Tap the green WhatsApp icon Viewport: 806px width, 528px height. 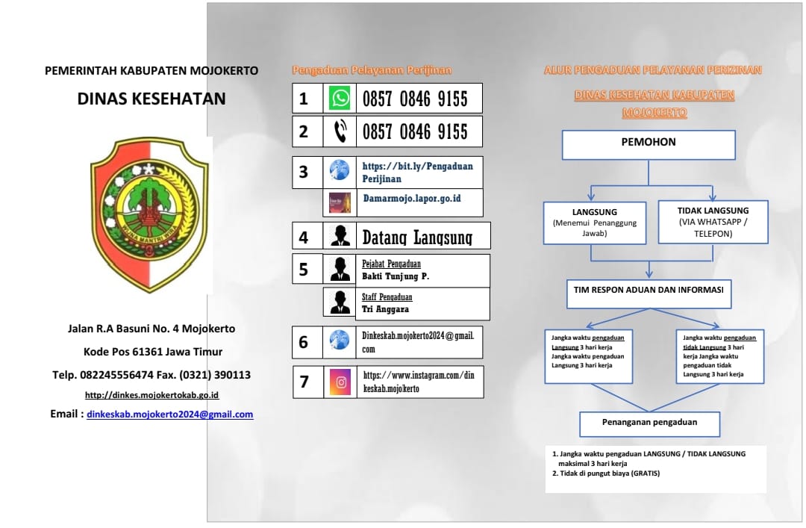(x=340, y=99)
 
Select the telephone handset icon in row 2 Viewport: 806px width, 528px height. (x=340, y=132)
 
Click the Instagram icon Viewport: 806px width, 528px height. (x=340, y=382)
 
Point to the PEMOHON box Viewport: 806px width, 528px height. (x=648, y=145)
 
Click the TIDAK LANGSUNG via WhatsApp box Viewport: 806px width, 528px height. (x=713, y=222)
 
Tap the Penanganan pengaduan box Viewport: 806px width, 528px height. (x=649, y=423)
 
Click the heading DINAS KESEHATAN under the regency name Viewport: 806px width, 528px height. (x=151, y=99)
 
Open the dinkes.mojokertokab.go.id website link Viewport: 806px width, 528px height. (x=151, y=395)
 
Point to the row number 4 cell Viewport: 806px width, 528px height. (x=304, y=237)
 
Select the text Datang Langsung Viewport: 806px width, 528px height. (x=417, y=238)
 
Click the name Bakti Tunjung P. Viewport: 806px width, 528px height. (x=396, y=276)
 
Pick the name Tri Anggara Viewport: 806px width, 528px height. (x=385, y=309)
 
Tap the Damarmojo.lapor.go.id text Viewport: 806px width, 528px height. (x=411, y=199)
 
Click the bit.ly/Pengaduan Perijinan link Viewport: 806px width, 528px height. (x=417, y=172)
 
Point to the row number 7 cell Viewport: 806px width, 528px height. (x=304, y=382)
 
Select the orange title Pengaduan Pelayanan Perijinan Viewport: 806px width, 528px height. (x=371, y=71)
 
